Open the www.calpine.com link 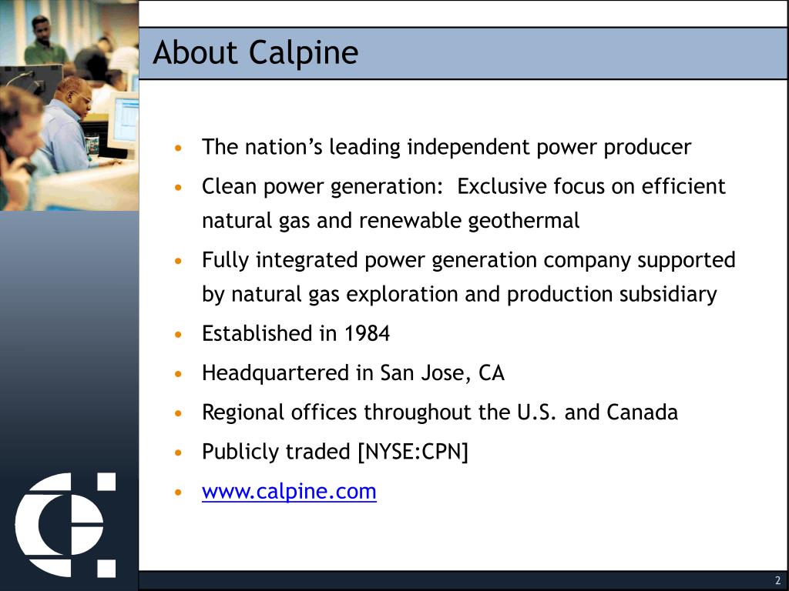[289, 492]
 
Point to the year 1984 [367, 334]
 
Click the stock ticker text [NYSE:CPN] [413, 452]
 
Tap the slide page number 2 [777, 581]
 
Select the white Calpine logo [65, 525]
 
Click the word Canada [642, 412]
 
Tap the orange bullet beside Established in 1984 [179, 335]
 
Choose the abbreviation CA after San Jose [491, 373]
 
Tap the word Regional [243, 413]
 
